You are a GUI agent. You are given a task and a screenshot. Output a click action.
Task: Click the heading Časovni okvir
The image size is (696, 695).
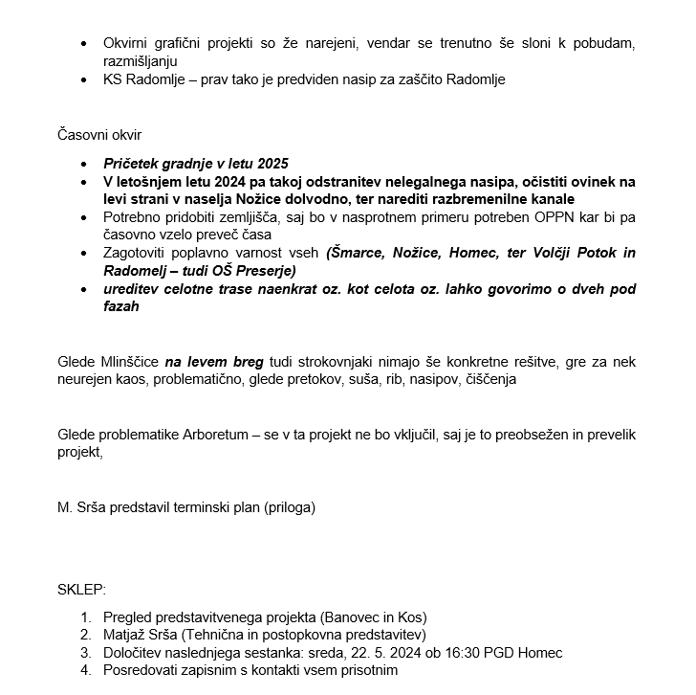pyautogui.click(x=99, y=134)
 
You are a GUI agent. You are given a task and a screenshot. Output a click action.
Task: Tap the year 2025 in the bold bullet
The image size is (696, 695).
pyautogui.click(x=272, y=164)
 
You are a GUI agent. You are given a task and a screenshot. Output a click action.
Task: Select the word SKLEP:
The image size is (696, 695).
pyautogui.click(x=82, y=588)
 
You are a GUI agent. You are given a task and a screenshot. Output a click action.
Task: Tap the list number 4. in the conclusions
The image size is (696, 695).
pyautogui.click(x=86, y=670)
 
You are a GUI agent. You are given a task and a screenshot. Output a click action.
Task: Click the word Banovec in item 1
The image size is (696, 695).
pyautogui.click(x=351, y=617)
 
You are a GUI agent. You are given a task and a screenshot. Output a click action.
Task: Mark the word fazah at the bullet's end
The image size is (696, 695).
pyautogui.click(x=121, y=307)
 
